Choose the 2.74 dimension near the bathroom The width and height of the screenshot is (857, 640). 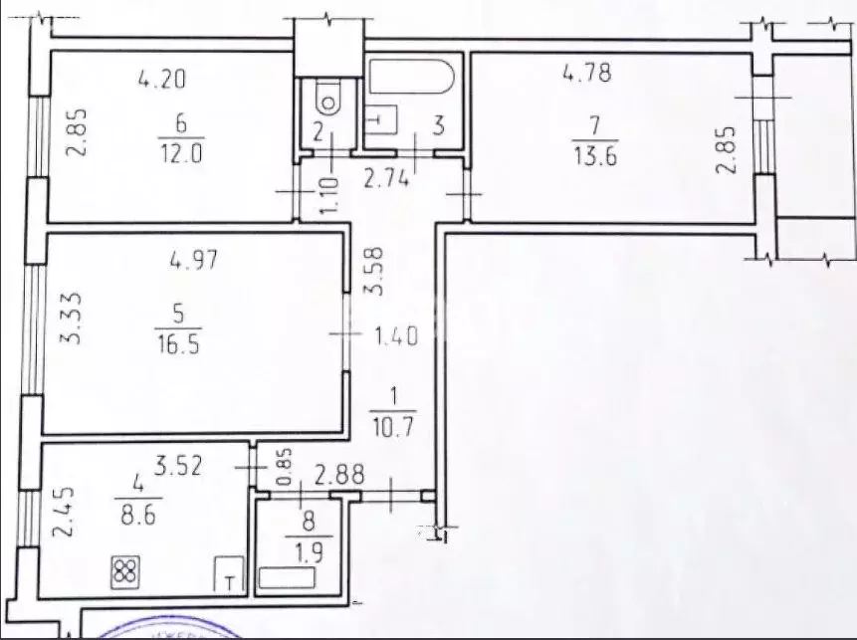tap(386, 178)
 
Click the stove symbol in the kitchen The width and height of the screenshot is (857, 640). tap(125, 571)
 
